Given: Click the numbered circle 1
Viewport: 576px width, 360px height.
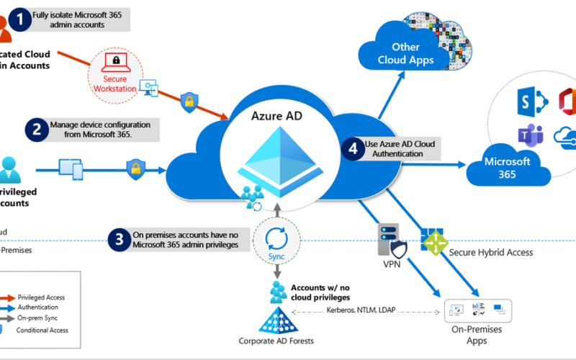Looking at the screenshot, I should tap(20, 19).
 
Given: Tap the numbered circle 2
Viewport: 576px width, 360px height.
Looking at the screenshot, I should tap(35, 130).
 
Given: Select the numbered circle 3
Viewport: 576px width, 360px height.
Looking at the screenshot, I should tap(119, 239).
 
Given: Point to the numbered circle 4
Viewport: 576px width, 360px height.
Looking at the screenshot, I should tap(352, 148).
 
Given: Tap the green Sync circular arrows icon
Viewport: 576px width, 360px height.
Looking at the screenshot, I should tap(276, 239).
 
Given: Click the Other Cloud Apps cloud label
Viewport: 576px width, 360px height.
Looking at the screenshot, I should tap(405, 54).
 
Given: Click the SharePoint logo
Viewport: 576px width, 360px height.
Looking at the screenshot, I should tap(526, 99).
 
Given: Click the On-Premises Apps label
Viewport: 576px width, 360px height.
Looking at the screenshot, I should tap(477, 334).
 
